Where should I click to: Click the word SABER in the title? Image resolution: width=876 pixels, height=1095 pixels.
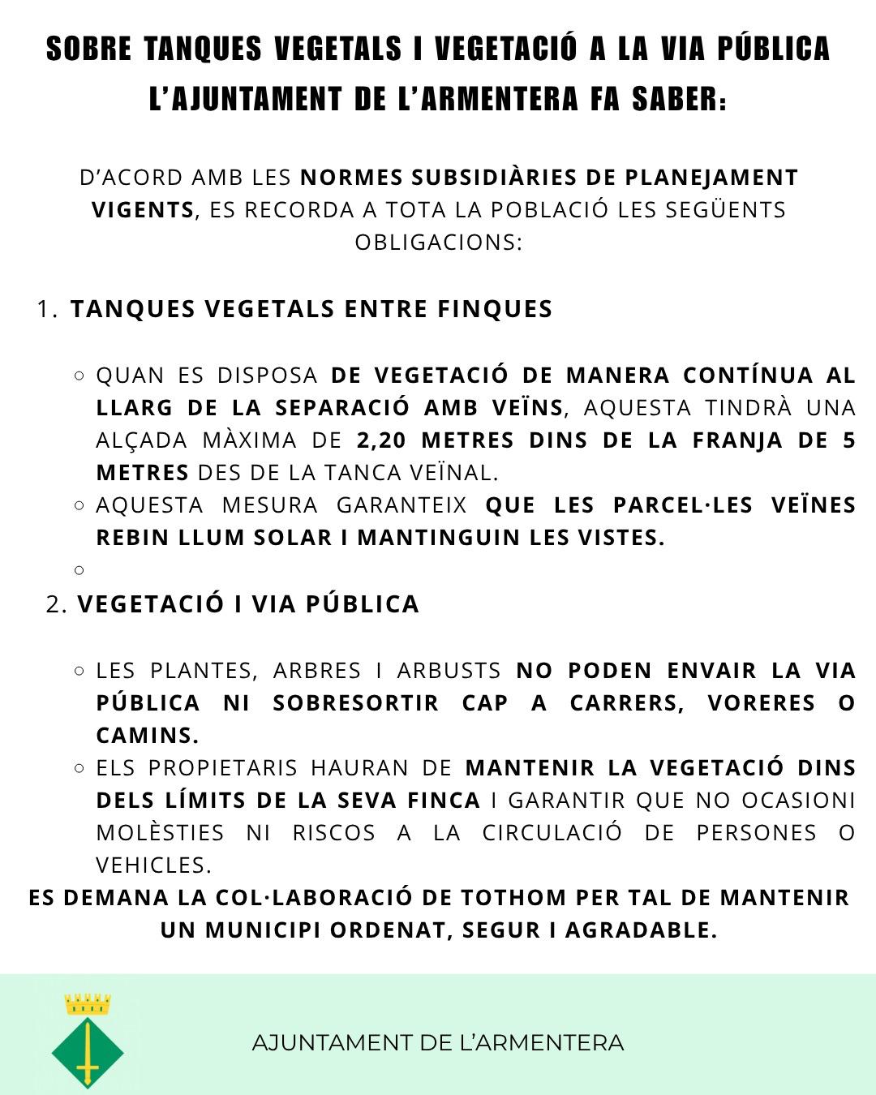(x=679, y=99)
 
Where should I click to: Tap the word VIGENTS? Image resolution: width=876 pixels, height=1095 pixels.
(x=143, y=210)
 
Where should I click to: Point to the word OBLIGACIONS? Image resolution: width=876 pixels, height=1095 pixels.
(x=438, y=243)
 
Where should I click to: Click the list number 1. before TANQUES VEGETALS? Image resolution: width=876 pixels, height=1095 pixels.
(x=47, y=309)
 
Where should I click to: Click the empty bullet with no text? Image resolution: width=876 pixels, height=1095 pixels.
(x=79, y=570)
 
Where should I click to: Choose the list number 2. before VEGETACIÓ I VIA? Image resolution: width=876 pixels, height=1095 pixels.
(x=57, y=604)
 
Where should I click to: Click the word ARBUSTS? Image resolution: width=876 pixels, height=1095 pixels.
(x=449, y=671)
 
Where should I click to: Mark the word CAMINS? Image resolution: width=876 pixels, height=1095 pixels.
(x=147, y=736)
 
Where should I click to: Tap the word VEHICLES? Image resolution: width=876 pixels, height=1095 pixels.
(x=153, y=865)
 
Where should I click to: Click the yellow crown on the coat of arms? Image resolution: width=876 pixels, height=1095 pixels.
(x=88, y=1005)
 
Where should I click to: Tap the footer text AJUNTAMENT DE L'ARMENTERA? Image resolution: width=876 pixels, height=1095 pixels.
(x=438, y=1042)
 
